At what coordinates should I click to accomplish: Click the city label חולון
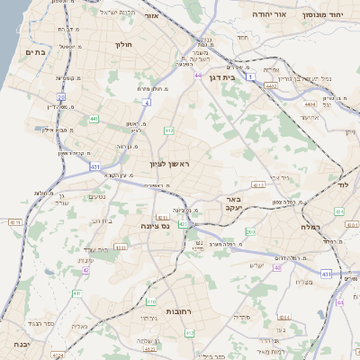tap(123, 43)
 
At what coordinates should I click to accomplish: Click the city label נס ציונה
tap(155, 228)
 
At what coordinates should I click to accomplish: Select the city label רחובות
tap(177, 310)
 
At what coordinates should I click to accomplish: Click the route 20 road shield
tap(61, 96)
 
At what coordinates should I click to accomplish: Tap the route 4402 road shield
tap(270, 87)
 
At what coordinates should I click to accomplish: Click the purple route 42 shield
tap(86, 269)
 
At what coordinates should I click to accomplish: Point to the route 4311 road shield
tap(163, 217)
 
